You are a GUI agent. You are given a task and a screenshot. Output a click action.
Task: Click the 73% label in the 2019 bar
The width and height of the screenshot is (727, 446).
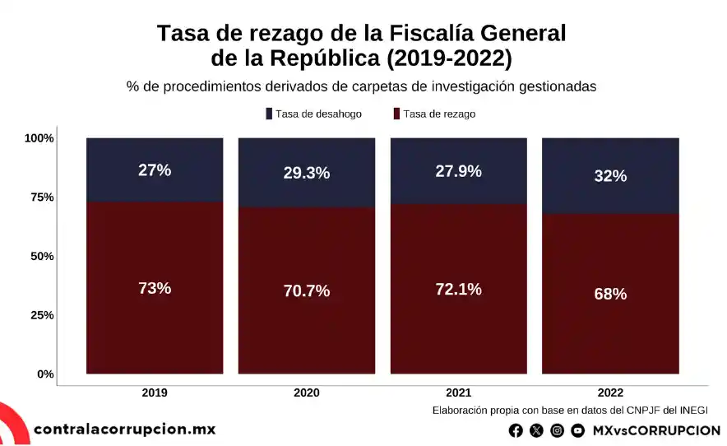tap(155, 288)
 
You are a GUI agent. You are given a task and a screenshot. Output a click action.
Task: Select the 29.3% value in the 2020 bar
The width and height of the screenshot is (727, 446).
tap(307, 173)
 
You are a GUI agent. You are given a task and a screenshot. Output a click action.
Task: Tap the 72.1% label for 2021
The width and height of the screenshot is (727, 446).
tap(459, 289)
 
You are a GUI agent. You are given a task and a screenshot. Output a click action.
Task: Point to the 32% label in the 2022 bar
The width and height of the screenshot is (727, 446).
tap(610, 176)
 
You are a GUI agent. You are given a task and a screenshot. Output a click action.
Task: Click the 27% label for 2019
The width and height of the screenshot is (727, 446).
tap(155, 170)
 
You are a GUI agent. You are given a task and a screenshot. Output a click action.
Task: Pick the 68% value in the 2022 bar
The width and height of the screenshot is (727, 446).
tap(610, 294)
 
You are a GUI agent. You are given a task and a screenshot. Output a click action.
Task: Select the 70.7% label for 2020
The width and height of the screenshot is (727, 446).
tap(307, 290)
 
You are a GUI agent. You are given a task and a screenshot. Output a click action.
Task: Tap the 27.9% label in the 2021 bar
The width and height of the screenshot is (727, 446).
tap(459, 171)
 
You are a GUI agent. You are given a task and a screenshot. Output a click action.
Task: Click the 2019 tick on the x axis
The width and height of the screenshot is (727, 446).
tap(155, 393)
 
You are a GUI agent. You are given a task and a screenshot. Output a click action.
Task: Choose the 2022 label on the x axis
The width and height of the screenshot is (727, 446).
tap(610, 393)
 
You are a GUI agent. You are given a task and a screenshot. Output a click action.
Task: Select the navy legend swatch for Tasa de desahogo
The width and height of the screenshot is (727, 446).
tap(269, 114)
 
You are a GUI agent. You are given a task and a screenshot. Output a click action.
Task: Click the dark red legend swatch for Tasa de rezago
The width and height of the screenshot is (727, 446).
tap(396, 114)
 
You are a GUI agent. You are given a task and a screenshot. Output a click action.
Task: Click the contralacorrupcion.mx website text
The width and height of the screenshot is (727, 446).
tap(124, 429)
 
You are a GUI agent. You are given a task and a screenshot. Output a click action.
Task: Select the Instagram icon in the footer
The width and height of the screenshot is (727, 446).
tap(558, 430)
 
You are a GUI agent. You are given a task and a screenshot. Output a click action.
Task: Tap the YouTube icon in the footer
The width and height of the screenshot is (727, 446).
tap(578, 430)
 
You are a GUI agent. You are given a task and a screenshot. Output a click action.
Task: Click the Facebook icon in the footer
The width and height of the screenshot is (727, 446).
tap(516, 430)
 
